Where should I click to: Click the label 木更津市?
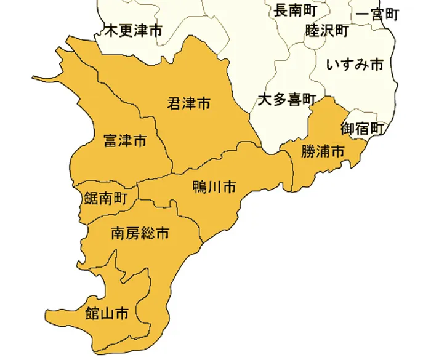134,30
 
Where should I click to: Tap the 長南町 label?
295,10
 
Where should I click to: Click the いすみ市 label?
355,64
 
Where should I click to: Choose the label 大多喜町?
286,99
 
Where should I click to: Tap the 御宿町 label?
362,129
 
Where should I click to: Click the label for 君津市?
189,103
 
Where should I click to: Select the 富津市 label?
125,141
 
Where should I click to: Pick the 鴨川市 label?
214,187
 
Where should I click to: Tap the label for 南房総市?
140,233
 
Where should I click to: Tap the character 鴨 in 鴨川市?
199,187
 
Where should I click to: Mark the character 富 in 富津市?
110,141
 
